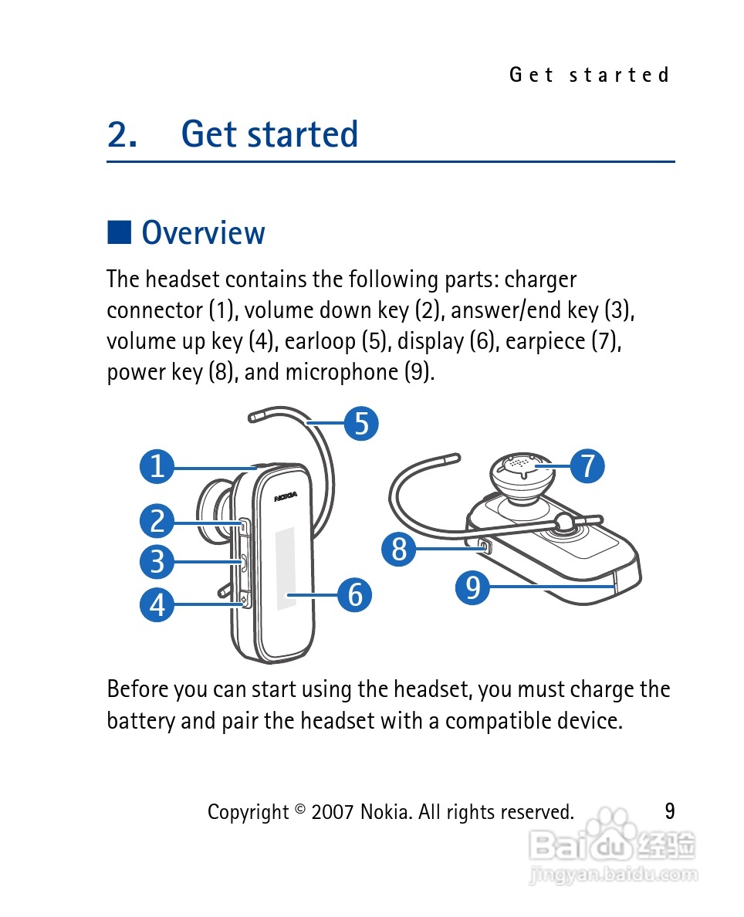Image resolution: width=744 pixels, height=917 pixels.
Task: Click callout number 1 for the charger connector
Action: coord(157,467)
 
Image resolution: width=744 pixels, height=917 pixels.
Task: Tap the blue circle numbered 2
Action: coord(157,522)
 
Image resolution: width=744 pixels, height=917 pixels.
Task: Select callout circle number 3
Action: coord(157,561)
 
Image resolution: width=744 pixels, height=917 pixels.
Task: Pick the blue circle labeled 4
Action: coord(157,604)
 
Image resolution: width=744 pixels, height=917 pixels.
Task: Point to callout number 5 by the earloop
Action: coord(361,423)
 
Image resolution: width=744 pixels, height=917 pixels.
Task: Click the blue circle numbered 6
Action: coord(355,594)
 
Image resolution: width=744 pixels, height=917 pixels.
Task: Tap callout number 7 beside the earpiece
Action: coord(587,466)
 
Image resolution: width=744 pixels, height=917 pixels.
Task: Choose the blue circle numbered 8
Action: coord(399,550)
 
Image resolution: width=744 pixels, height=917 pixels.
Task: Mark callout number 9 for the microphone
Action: coord(473,587)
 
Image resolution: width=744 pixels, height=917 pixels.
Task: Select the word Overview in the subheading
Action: coord(203,232)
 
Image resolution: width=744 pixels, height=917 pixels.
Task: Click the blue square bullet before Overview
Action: coord(119,232)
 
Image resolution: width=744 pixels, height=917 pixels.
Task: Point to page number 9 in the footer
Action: coord(670,810)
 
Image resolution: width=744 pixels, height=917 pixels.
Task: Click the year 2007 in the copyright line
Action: coord(332,812)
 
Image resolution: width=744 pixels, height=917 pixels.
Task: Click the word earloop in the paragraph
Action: coord(320,341)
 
